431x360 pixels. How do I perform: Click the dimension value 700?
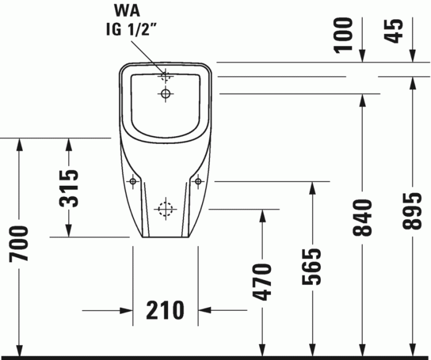[x=19, y=244]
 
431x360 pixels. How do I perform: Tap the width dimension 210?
[x=166, y=310]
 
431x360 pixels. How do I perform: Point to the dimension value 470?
[x=263, y=281]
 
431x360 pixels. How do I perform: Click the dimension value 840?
[x=363, y=217]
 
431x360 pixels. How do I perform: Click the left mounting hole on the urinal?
[x=132, y=182]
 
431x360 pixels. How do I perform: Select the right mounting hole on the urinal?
[x=198, y=182]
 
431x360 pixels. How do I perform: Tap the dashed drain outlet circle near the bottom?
[x=165, y=209]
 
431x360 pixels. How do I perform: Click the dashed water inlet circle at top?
[x=165, y=77]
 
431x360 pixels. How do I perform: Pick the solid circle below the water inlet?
[x=165, y=94]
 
